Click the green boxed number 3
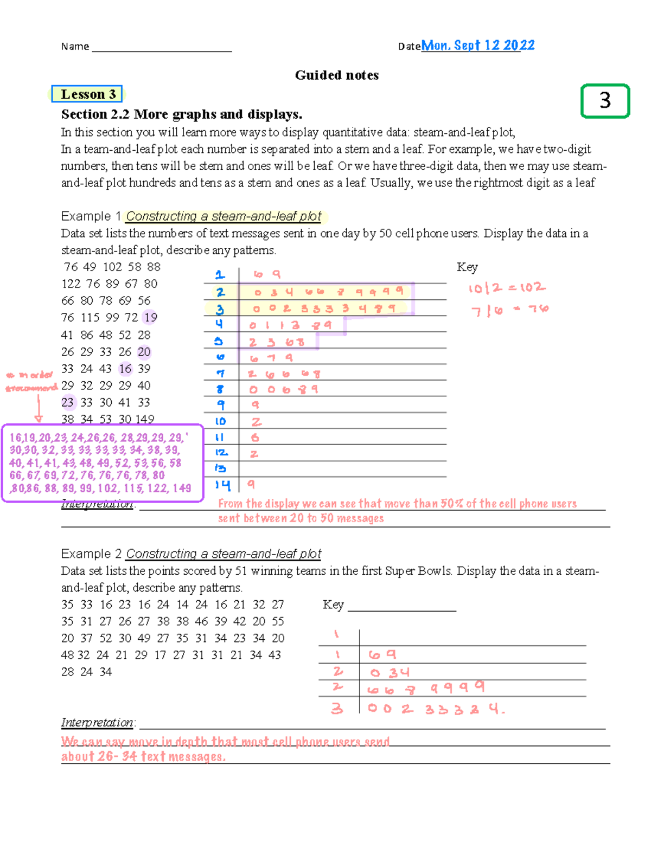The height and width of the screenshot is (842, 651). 605,101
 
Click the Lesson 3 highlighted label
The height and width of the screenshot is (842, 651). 87,94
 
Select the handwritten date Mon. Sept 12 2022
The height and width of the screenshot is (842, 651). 477,45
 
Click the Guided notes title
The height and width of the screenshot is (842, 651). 336,75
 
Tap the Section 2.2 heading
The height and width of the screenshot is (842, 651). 181,114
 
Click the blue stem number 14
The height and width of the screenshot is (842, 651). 222,485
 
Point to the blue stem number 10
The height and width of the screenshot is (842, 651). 220,421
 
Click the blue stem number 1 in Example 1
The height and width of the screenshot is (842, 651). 220,275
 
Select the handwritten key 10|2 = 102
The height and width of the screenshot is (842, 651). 507,287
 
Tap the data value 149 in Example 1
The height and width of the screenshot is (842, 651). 145,419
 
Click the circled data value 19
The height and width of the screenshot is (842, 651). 150,317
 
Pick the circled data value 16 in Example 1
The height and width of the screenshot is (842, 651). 125,369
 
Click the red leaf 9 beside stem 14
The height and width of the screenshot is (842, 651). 251,484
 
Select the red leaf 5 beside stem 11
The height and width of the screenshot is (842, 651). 254,438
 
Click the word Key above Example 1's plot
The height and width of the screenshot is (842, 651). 467,267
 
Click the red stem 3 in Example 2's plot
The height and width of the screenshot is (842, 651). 337,708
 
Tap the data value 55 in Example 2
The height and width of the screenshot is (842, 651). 278,621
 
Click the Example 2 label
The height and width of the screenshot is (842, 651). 91,554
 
